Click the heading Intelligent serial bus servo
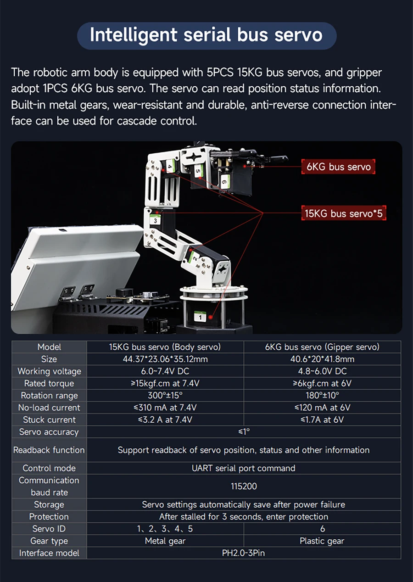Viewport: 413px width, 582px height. coord(206,35)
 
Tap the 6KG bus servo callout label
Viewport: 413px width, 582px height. coord(338,167)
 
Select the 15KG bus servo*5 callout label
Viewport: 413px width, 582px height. coord(343,213)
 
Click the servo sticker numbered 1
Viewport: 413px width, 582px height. coord(200,316)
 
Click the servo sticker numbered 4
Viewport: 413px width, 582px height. coord(169,168)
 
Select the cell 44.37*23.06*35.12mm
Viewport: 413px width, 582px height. coord(165,359)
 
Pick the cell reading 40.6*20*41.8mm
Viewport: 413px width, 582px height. coord(322,359)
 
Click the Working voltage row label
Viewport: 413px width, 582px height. coord(49,371)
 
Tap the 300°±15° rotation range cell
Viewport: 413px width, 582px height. coord(165,395)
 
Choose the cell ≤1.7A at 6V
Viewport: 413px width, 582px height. coord(322,420)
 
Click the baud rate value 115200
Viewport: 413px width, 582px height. coord(243,486)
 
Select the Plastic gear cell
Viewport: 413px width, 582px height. coord(322,541)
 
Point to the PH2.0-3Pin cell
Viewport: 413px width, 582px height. coord(243,553)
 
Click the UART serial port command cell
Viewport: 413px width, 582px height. coord(243,468)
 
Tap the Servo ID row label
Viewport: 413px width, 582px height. coord(49,529)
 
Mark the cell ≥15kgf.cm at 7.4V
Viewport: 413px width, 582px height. coord(165,383)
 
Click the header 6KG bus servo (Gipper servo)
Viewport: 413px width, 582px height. coord(322,347)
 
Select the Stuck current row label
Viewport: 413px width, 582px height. coord(49,420)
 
